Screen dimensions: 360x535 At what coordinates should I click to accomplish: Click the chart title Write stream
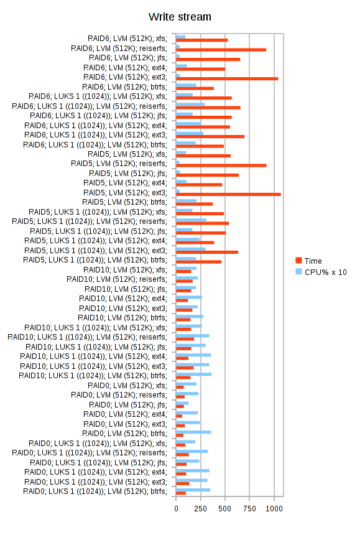point(180,17)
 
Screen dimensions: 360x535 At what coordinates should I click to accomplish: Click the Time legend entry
point(308,261)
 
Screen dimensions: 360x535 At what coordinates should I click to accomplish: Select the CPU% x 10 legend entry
point(321,272)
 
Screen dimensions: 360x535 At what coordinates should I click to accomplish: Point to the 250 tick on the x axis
point(200,509)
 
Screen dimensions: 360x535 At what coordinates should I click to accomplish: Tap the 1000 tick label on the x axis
point(274,509)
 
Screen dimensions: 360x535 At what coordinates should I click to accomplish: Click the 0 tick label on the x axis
point(176,509)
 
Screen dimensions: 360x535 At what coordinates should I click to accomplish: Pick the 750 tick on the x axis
point(249,509)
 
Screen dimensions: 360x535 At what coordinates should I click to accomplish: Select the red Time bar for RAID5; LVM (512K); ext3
point(228,195)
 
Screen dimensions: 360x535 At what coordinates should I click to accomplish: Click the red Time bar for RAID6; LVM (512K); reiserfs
point(221,50)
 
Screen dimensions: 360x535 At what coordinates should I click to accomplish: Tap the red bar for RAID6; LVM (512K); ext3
point(227,79)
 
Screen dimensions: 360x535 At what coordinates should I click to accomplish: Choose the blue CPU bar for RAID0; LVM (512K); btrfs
point(193,432)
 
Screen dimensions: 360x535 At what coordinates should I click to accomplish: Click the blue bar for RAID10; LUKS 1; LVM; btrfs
point(193,374)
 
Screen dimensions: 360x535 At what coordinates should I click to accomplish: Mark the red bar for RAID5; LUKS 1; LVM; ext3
point(207,252)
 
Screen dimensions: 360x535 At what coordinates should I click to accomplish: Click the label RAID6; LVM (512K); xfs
point(127,39)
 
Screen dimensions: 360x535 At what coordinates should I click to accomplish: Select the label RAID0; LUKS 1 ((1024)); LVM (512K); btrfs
point(95,491)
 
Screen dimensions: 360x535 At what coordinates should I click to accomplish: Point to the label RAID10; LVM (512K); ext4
point(123,299)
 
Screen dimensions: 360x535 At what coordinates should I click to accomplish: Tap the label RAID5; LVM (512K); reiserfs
point(119,164)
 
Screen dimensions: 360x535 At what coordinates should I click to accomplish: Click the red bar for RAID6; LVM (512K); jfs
point(208,59)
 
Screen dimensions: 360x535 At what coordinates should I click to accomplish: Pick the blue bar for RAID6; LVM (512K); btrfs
point(186,85)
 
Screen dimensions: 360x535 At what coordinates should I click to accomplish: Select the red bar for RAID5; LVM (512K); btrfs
point(195,204)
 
